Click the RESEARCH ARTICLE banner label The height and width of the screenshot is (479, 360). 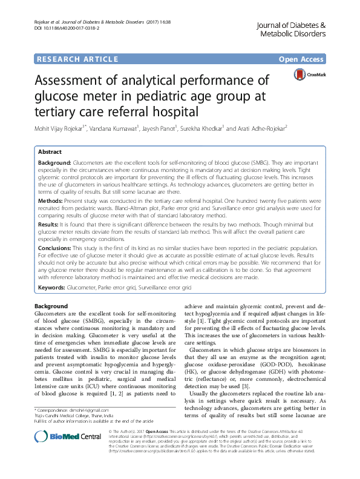pyautogui.click(x=77, y=59)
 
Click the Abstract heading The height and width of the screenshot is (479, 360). pyautogui.click(x=50, y=152)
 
